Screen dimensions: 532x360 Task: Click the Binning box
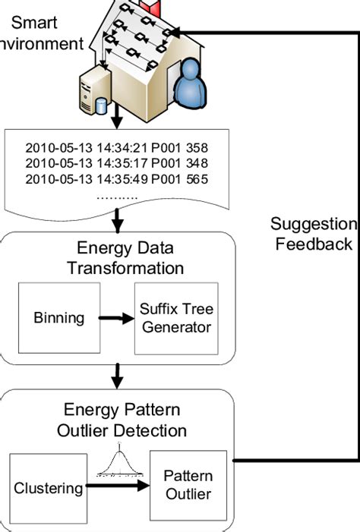pyautogui.click(x=59, y=318)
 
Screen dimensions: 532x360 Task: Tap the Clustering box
pyautogui.click(x=48, y=487)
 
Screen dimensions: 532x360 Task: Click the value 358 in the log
pyautogui.click(x=196, y=146)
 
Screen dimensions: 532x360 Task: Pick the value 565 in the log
pyautogui.click(x=196, y=179)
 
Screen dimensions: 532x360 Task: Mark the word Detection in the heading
pyautogui.click(x=159, y=431)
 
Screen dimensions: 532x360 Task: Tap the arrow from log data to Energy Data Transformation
pyautogui.click(x=118, y=222)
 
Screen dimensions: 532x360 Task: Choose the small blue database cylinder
pyautogui.click(x=103, y=104)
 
